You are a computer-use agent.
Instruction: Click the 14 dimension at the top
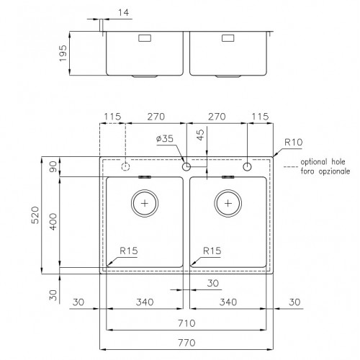(123, 12)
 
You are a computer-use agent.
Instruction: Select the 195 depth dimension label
(63, 53)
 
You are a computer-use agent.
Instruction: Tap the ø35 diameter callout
(165, 138)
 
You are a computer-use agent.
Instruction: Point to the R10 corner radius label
(293, 143)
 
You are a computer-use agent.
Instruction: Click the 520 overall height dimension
(35, 215)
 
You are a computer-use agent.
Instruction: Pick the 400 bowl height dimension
(53, 222)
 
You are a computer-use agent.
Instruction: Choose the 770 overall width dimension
(186, 343)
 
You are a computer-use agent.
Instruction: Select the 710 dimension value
(186, 323)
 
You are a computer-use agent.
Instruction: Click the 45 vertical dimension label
(200, 135)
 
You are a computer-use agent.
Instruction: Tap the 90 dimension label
(53, 167)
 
